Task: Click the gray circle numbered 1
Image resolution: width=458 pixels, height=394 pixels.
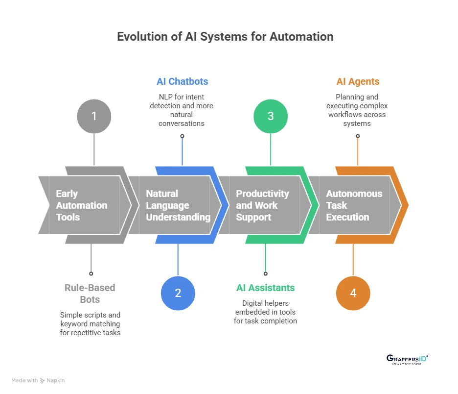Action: point(94,117)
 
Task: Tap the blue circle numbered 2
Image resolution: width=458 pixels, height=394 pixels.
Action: point(178,293)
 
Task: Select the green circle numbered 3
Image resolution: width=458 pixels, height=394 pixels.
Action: point(270,117)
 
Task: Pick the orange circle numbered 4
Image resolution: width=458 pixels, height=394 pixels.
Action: point(353,293)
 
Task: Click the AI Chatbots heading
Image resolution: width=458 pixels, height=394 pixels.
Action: point(182,81)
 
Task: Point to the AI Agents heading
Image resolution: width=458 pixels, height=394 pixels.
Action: point(358,81)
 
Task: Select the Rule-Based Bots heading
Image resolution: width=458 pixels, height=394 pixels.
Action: point(90,293)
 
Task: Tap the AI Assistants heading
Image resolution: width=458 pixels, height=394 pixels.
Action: point(265,288)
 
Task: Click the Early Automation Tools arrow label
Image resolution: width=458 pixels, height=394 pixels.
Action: point(81,205)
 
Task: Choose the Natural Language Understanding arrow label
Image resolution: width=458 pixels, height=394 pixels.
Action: point(178,205)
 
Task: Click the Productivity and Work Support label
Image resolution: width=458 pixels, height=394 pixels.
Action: point(262,205)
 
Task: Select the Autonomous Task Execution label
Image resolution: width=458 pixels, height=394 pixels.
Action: point(354,205)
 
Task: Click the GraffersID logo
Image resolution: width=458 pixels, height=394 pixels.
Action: point(407,360)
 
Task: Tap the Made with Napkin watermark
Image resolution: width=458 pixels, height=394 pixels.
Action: point(38,380)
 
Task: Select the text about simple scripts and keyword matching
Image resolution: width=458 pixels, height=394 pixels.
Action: point(90,324)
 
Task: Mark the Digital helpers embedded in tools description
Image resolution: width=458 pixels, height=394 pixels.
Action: point(265,312)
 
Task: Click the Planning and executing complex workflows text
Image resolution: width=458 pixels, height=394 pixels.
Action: point(358,110)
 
